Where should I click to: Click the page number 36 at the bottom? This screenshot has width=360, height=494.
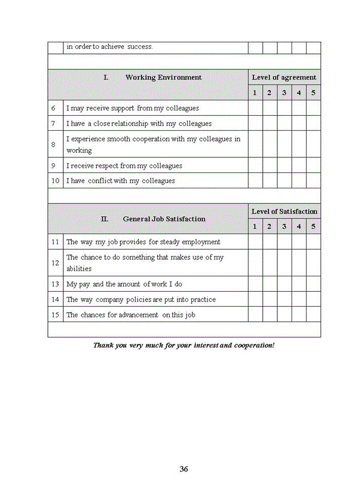coord(184,469)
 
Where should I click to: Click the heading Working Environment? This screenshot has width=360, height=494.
coord(164,77)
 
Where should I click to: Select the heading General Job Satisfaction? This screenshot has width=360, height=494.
coord(164,219)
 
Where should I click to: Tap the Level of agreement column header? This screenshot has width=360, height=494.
coord(284,77)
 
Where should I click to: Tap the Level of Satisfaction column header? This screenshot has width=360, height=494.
coord(284,211)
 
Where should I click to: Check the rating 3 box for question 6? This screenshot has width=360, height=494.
coord(284,108)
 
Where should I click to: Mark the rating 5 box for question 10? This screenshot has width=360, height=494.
coord(313,181)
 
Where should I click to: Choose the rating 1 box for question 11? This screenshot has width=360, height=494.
coord(255,242)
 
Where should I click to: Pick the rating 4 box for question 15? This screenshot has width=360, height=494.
coord(299,314)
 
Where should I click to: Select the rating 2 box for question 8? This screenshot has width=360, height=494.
coord(269,145)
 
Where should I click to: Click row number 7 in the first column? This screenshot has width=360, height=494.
coord(53,123)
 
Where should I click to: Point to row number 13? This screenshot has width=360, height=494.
coord(55,284)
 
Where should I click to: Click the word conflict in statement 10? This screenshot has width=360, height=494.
coord(100,181)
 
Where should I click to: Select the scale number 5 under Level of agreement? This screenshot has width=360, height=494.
coord(313,93)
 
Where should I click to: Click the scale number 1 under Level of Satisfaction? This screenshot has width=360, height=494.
coord(255,226)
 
